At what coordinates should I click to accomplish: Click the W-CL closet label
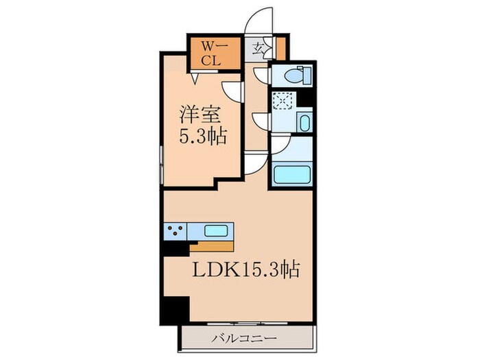coord(211,52)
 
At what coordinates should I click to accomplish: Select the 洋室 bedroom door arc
coord(233,90)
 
